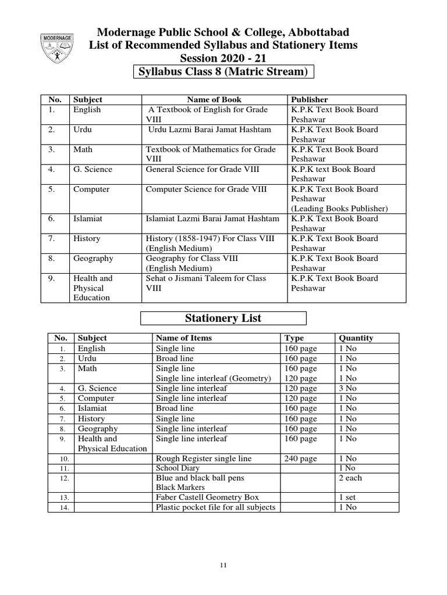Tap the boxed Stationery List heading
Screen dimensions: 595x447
[223, 318]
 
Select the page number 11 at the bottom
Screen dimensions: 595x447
[223, 564]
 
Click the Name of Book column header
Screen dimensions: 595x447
[214, 99]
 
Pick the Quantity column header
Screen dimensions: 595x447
[356, 338]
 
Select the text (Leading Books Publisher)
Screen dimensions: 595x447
[339, 209]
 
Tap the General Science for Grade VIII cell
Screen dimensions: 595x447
[202, 169]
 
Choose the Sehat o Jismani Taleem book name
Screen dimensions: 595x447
[205, 283]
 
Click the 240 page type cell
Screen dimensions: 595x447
[300, 458]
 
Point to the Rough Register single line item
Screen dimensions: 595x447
[204, 458]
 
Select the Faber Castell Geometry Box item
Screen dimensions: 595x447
[207, 497]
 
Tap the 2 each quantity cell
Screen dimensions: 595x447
[350, 478]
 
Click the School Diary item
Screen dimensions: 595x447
[178, 468]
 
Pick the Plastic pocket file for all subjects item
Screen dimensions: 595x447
[215, 507]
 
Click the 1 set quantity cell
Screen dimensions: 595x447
[347, 497]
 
